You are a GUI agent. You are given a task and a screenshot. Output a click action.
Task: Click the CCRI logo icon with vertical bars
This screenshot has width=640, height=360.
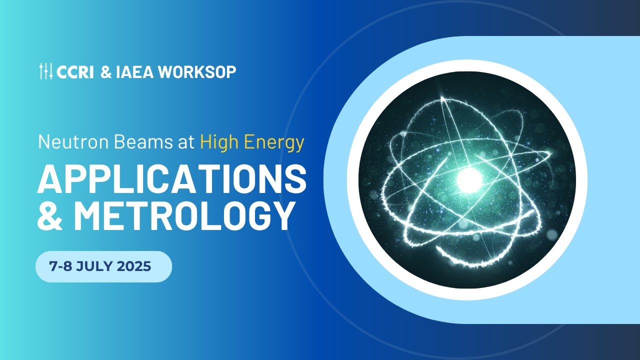46,71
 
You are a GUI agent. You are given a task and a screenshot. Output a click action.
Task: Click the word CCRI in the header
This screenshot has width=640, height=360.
75,72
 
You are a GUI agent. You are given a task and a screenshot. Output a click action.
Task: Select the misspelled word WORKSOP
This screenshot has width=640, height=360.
197,72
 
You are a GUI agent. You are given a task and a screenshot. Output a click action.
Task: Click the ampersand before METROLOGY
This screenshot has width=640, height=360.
51,216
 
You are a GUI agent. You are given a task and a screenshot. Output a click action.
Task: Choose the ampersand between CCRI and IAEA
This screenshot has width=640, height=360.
106,72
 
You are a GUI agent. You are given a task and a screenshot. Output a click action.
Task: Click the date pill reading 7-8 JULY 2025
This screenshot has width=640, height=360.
103,267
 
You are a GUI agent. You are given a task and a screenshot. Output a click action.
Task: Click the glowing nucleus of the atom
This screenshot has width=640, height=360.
468,177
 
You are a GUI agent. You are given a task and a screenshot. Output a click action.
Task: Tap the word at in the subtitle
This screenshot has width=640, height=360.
186,143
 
